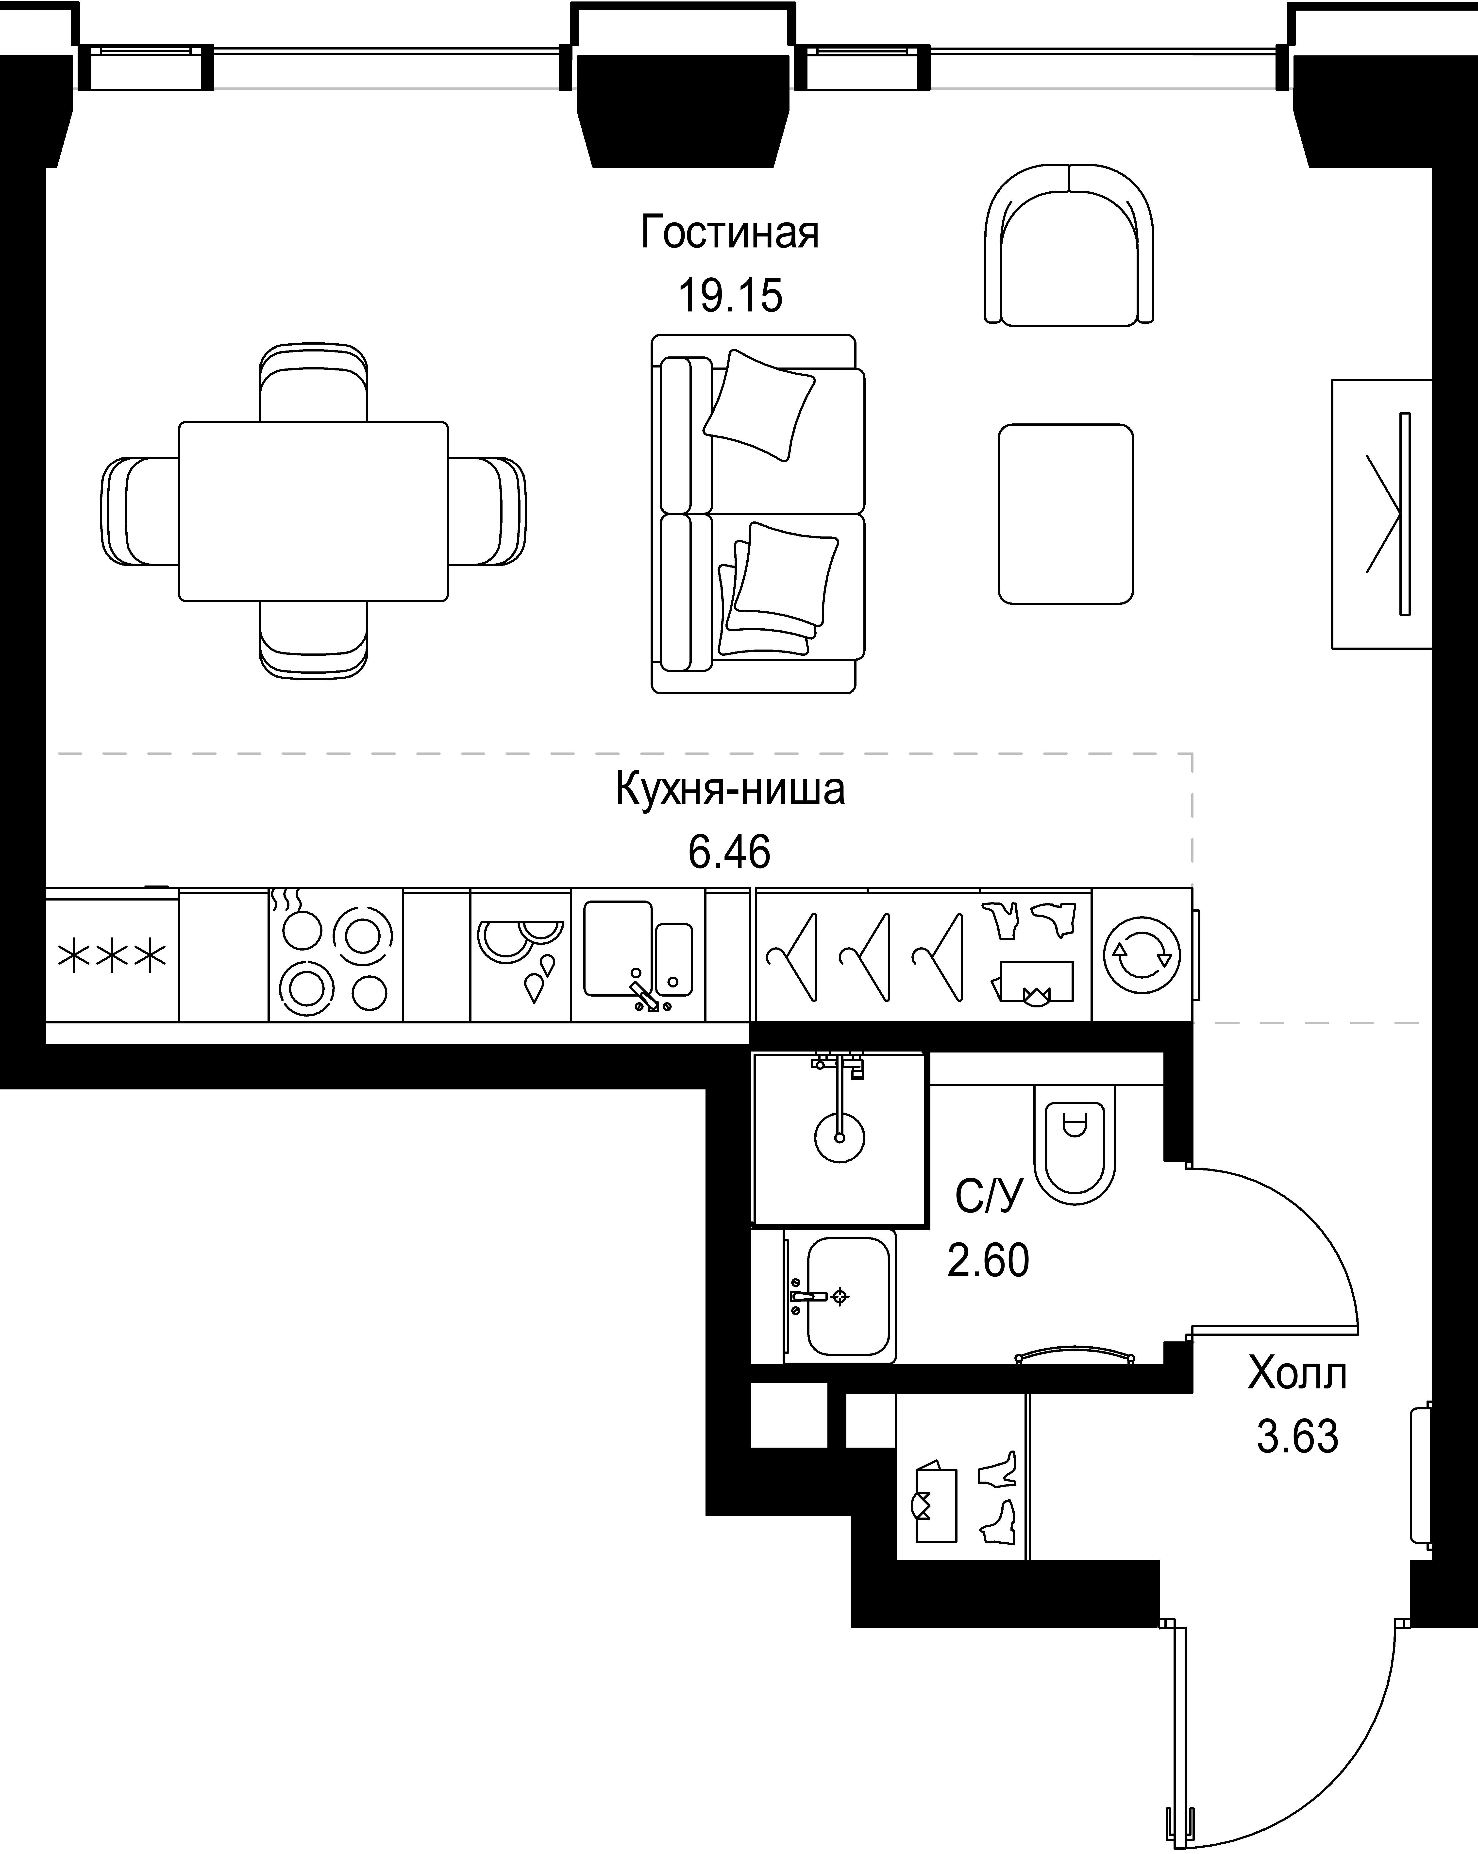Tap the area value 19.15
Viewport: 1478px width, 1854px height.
coord(730,296)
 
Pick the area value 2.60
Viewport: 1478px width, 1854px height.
coord(988,1261)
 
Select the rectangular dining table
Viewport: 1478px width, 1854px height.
coord(313,511)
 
